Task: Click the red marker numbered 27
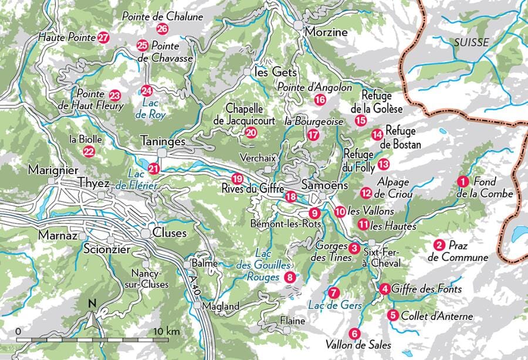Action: [x=104, y=38]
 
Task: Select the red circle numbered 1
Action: [x=463, y=182]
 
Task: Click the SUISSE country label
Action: [x=471, y=42]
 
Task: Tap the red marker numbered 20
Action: [x=251, y=133]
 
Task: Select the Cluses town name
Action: [x=169, y=233]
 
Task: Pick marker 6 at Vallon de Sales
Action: [x=353, y=334]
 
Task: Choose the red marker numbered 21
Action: [x=154, y=168]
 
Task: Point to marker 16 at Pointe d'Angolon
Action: [x=320, y=100]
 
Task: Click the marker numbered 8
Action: [x=289, y=277]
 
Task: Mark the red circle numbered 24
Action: [x=146, y=91]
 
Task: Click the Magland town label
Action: [x=221, y=306]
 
